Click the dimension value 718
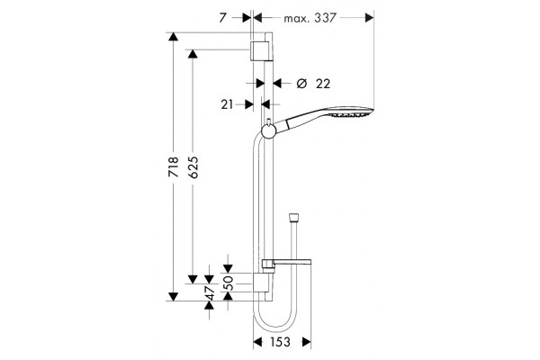click(174, 167)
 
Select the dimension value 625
click(194, 167)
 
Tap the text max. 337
click(310, 18)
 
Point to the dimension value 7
click(223, 18)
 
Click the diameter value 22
click(323, 84)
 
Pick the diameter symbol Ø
click(301, 84)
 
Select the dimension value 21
click(227, 104)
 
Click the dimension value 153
click(280, 342)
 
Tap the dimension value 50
click(229, 283)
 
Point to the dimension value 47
click(210, 292)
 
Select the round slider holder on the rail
click(267, 130)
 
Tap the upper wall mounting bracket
click(258, 50)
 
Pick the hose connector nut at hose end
click(293, 219)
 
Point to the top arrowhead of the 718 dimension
click(173, 37)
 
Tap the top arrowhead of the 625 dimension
click(193, 54)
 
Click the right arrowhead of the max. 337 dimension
click(369, 18)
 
